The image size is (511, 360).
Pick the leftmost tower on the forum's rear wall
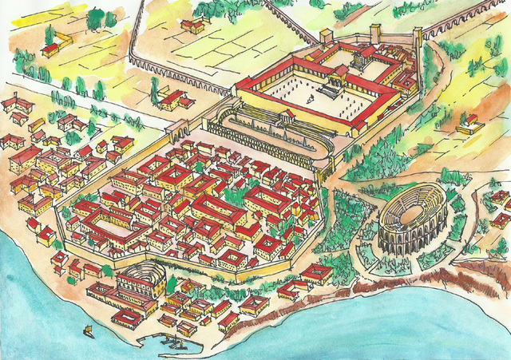326,36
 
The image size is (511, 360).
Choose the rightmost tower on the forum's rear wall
417,36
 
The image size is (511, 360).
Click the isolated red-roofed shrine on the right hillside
470,121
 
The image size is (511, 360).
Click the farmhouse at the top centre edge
192,26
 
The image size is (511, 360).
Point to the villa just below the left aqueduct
172,99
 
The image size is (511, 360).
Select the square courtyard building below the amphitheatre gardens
316,274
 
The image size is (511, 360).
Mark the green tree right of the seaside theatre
171,284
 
